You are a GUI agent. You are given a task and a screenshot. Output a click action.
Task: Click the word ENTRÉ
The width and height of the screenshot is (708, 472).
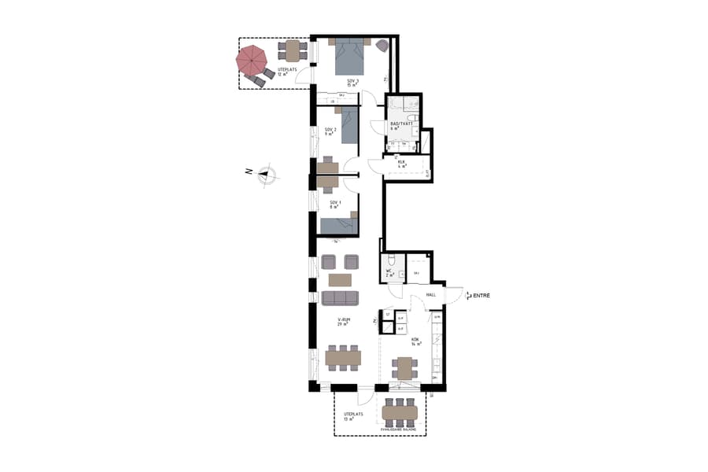482,295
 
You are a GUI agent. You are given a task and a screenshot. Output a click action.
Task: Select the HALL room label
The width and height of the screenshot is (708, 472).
430,295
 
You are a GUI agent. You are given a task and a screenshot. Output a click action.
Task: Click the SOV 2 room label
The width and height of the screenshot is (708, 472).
330,131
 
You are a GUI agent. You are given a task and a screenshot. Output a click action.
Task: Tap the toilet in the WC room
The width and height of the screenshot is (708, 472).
390,262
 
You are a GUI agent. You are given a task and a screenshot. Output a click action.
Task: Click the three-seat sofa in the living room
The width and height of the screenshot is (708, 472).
340,297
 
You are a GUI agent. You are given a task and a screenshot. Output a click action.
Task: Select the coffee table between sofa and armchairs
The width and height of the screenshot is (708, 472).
340,279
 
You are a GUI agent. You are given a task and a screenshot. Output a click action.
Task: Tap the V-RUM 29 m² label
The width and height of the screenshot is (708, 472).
343,322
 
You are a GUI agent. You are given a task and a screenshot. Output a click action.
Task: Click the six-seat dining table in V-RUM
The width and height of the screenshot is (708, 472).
343,358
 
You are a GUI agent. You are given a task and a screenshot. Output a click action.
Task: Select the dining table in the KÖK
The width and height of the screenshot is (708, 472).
404,367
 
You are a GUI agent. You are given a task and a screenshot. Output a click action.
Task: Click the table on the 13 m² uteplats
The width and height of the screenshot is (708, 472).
400,411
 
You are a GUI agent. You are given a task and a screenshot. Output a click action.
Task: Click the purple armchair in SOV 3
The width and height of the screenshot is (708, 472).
382,46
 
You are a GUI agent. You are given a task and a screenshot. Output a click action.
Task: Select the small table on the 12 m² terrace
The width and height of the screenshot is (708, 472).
293,51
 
